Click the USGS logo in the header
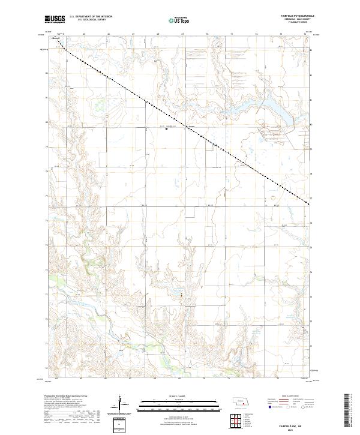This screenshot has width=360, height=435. [x=56, y=20]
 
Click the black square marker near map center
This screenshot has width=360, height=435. [x=166, y=130]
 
